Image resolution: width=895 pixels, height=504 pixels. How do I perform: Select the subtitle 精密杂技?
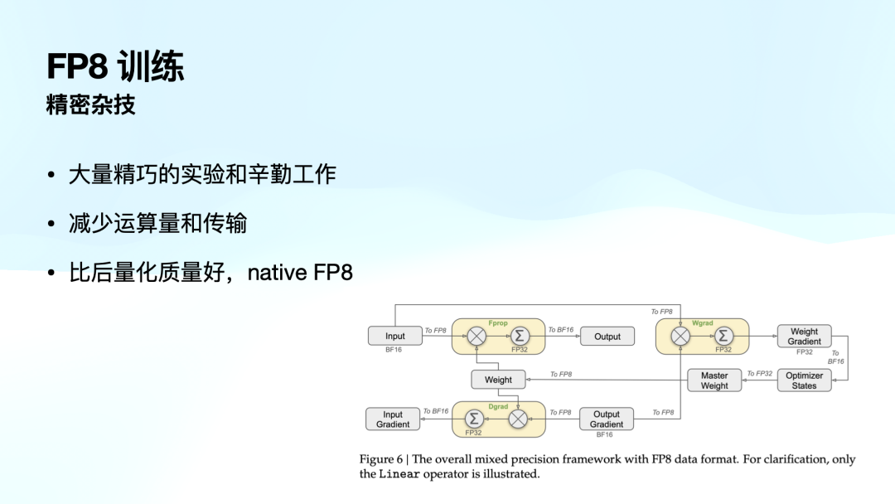coord(90,106)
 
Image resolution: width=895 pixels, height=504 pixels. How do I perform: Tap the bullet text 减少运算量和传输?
coord(157,223)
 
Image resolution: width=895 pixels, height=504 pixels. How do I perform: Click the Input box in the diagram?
coord(395,337)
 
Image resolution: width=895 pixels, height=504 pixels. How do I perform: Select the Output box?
coord(607,337)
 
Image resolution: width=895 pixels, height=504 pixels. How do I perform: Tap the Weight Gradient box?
coord(804,337)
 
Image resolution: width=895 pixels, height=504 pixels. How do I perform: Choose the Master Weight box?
coord(714,380)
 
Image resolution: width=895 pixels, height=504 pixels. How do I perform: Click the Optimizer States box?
coord(804,380)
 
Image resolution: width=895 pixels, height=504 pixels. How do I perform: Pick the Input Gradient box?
coord(393,419)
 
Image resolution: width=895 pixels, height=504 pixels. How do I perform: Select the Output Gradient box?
coord(607,419)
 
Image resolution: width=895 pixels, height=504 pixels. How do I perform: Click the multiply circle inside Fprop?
coord(477,337)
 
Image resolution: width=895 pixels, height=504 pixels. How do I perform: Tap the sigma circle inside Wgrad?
coord(723,337)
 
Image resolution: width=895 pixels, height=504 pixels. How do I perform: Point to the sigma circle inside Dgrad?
coord(475,419)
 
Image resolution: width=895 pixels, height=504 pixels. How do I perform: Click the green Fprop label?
coord(497,322)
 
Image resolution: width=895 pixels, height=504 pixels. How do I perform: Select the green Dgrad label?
coord(497,405)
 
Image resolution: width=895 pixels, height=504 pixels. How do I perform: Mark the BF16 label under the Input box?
coord(394,351)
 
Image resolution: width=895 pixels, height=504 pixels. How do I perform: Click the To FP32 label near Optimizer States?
coord(759,374)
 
